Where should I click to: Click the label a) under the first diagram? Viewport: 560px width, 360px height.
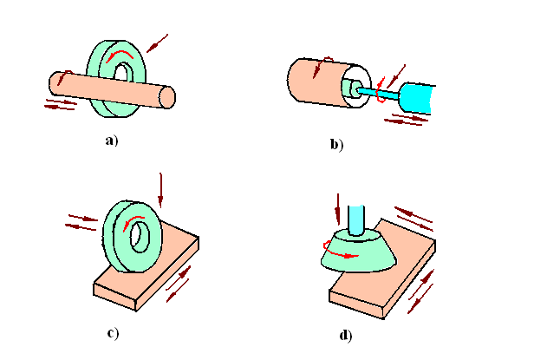110,140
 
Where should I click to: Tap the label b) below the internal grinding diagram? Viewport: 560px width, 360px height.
336,145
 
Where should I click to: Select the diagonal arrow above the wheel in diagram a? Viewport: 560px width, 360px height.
158,42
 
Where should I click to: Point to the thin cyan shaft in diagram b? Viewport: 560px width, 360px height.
381,91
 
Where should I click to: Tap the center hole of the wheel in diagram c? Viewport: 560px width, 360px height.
135,232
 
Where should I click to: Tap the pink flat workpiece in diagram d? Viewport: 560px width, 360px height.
390,286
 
